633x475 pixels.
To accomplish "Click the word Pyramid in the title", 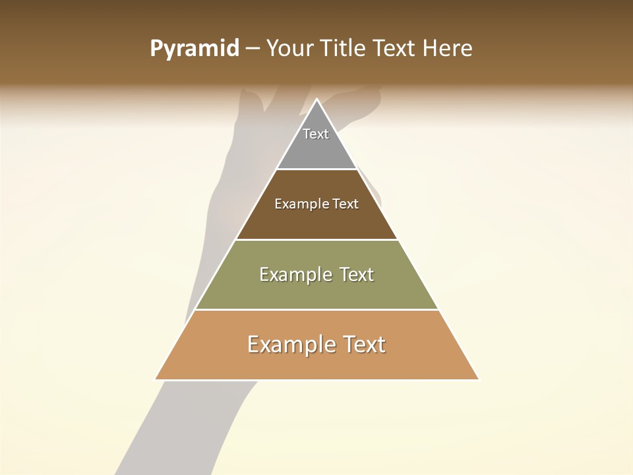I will [x=195, y=49].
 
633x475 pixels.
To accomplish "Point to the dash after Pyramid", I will [x=253, y=49].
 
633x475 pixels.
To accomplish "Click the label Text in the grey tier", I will [x=316, y=134].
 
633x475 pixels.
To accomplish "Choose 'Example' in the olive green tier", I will [x=289, y=274].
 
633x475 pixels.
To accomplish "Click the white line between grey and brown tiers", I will [x=316, y=170].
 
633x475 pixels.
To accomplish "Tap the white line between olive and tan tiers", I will [x=316, y=309].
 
